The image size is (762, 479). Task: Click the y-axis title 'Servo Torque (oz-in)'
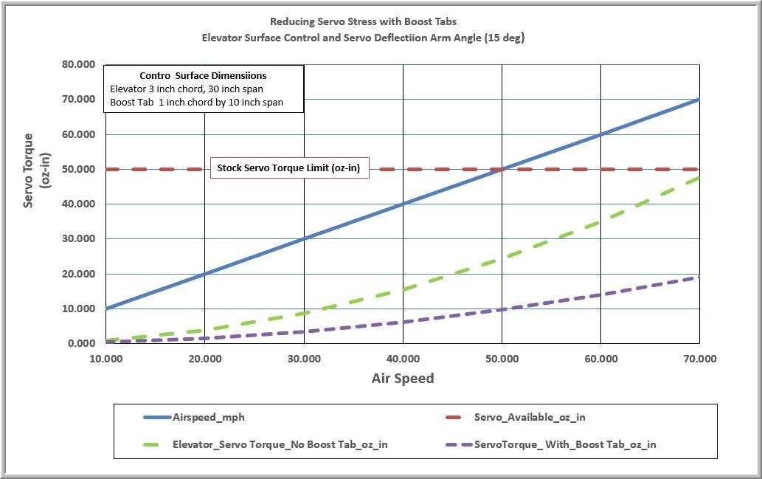35,170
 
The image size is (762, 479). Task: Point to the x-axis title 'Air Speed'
402,379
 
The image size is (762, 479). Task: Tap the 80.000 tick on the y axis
79,64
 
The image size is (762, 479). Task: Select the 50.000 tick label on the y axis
79,169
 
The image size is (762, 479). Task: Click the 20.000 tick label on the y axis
79,274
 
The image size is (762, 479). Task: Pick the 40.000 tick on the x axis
403,359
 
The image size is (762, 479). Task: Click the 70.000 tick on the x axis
699,359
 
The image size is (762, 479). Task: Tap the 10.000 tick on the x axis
106,359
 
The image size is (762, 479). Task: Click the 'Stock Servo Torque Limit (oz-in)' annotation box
288,168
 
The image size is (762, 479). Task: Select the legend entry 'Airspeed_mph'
209,417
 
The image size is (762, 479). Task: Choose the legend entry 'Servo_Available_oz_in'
530,417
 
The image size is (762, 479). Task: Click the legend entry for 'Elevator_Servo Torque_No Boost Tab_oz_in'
280,444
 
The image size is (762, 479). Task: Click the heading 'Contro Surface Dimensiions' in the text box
203,75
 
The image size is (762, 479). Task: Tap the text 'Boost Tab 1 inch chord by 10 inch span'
196,102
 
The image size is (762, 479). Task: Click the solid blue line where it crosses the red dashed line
502,169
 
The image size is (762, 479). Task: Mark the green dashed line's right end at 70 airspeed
698,179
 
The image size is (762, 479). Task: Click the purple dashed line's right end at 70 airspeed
698,278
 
